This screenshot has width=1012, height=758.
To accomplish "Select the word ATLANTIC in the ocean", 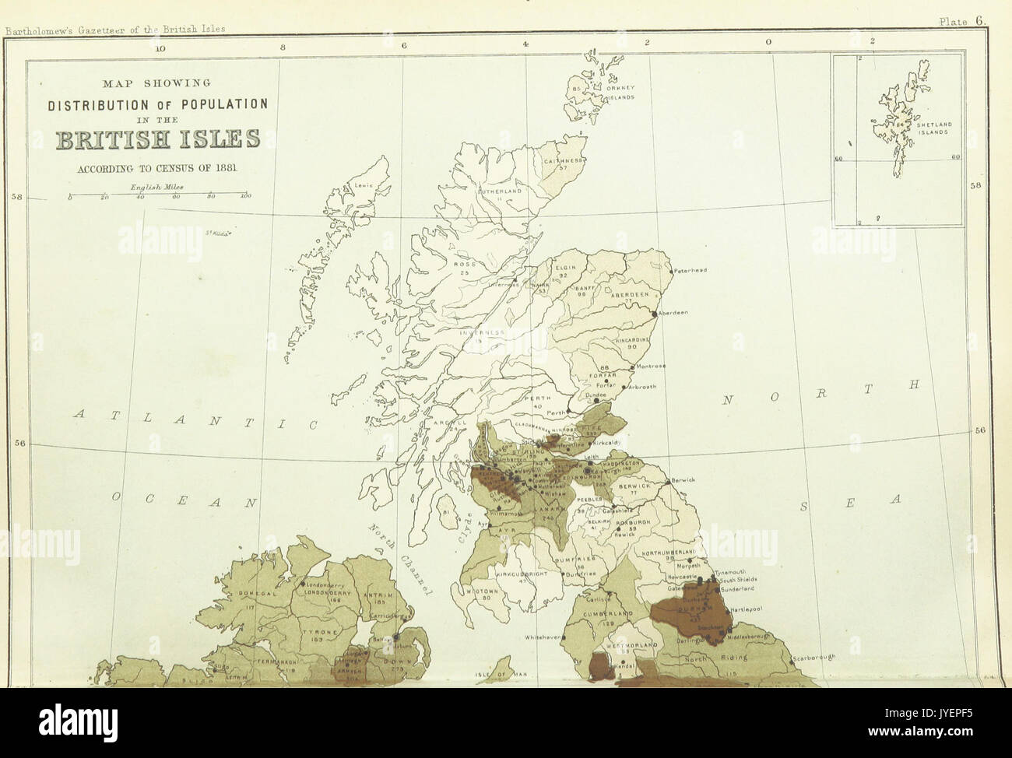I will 195,420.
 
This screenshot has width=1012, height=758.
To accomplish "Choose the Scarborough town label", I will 814,658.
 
